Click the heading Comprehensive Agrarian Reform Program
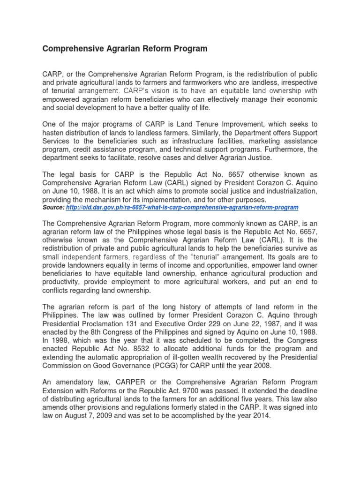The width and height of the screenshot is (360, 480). [x=125, y=49]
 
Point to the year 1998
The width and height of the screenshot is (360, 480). [x=60, y=340]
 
